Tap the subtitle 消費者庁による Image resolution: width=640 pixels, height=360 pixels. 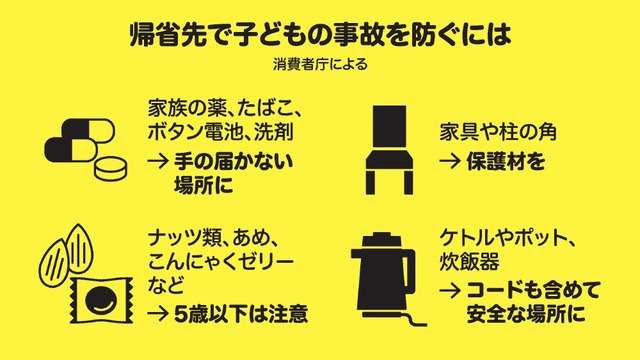[x=319, y=71]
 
